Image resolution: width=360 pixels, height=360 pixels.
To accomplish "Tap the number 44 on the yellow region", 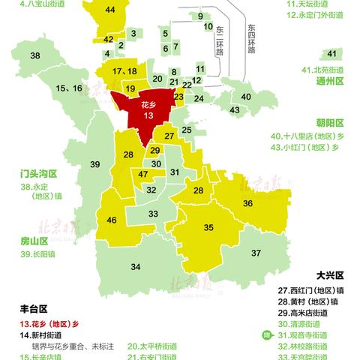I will (x=111, y=10).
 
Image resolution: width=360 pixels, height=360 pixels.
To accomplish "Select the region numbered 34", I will (x=135, y=267).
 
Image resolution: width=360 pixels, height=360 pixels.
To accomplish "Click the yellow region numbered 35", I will (x=209, y=227).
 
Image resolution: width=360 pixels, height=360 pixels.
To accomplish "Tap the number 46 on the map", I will (x=112, y=220).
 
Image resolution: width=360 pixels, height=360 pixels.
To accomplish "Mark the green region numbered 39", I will (x=95, y=164).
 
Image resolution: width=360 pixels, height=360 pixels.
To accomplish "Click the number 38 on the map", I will (x=34, y=56).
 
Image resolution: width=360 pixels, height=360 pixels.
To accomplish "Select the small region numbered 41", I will (x=331, y=53).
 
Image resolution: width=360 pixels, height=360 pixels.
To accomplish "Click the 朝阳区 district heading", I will (x=328, y=122).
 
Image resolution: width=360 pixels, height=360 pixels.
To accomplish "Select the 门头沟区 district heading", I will (x=39, y=173).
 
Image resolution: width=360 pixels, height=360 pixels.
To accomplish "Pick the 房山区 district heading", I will (x=34, y=241).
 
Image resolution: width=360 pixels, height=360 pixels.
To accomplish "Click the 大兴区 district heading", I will (x=331, y=276).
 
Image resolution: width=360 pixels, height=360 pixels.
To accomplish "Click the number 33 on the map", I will (x=153, y=214).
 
